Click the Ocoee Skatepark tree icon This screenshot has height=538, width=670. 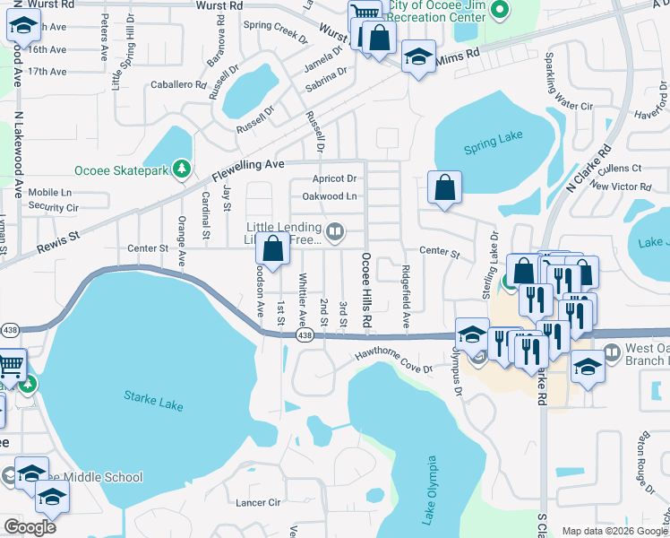click(182, 168)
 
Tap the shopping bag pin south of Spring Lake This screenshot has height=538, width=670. click(444, 188)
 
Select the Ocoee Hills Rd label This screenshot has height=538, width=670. click(365, 290)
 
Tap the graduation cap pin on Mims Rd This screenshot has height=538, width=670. click(417, 58)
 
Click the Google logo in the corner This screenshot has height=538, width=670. click(29, 526)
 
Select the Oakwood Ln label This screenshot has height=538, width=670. click(330, 195)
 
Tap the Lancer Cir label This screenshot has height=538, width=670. click(258, 504)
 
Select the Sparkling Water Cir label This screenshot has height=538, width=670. click(563, 83)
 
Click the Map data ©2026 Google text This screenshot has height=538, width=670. click(614, 531)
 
